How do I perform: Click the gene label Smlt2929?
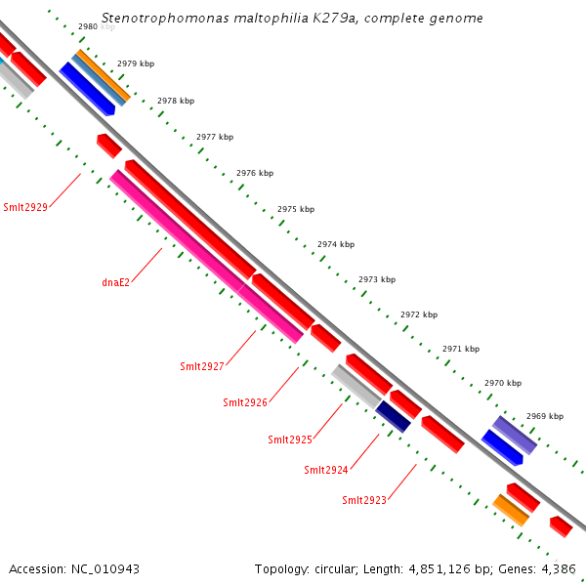tap(25, 206)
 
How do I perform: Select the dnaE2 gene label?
tap(115, 282)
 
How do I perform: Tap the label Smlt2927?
tap(202, 366)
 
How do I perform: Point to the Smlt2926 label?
tap(245, 402)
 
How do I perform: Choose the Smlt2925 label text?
tap(290, 439)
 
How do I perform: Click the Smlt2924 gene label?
tap(325, 470)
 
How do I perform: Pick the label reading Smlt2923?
tap(364, 500)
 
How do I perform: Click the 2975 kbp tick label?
tap(296, 209)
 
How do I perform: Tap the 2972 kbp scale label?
tap(419, 314)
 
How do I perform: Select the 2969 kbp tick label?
tap(545, 416)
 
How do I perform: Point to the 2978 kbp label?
tap(176, 101)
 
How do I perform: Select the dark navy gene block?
tap(394, 415)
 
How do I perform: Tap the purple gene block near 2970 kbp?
tap(515, 434)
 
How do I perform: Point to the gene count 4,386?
tap(560, 568)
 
